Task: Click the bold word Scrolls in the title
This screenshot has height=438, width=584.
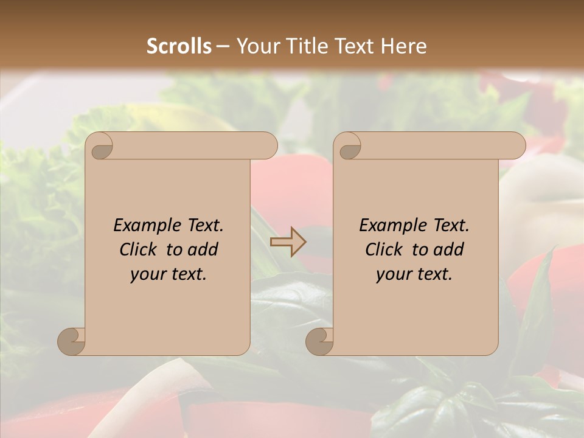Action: (179, 46)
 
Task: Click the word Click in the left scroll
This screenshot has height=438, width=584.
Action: (140, 250)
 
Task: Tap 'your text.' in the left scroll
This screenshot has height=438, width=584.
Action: (169, 274)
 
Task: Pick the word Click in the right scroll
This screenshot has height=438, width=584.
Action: (386, 250)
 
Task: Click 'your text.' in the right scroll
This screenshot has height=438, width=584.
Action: (414, 274)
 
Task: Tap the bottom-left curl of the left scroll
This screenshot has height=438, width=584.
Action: (71, 341)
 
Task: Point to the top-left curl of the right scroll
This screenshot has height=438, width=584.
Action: (349, 146)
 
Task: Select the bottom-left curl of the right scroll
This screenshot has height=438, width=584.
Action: (319, 341)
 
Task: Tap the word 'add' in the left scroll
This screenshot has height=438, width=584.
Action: (204, 250)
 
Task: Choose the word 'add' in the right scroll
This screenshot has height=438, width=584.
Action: (450, 250)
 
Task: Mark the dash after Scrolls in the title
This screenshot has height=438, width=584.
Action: (223, 46)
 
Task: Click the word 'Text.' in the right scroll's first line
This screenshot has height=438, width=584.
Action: (451, 226)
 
